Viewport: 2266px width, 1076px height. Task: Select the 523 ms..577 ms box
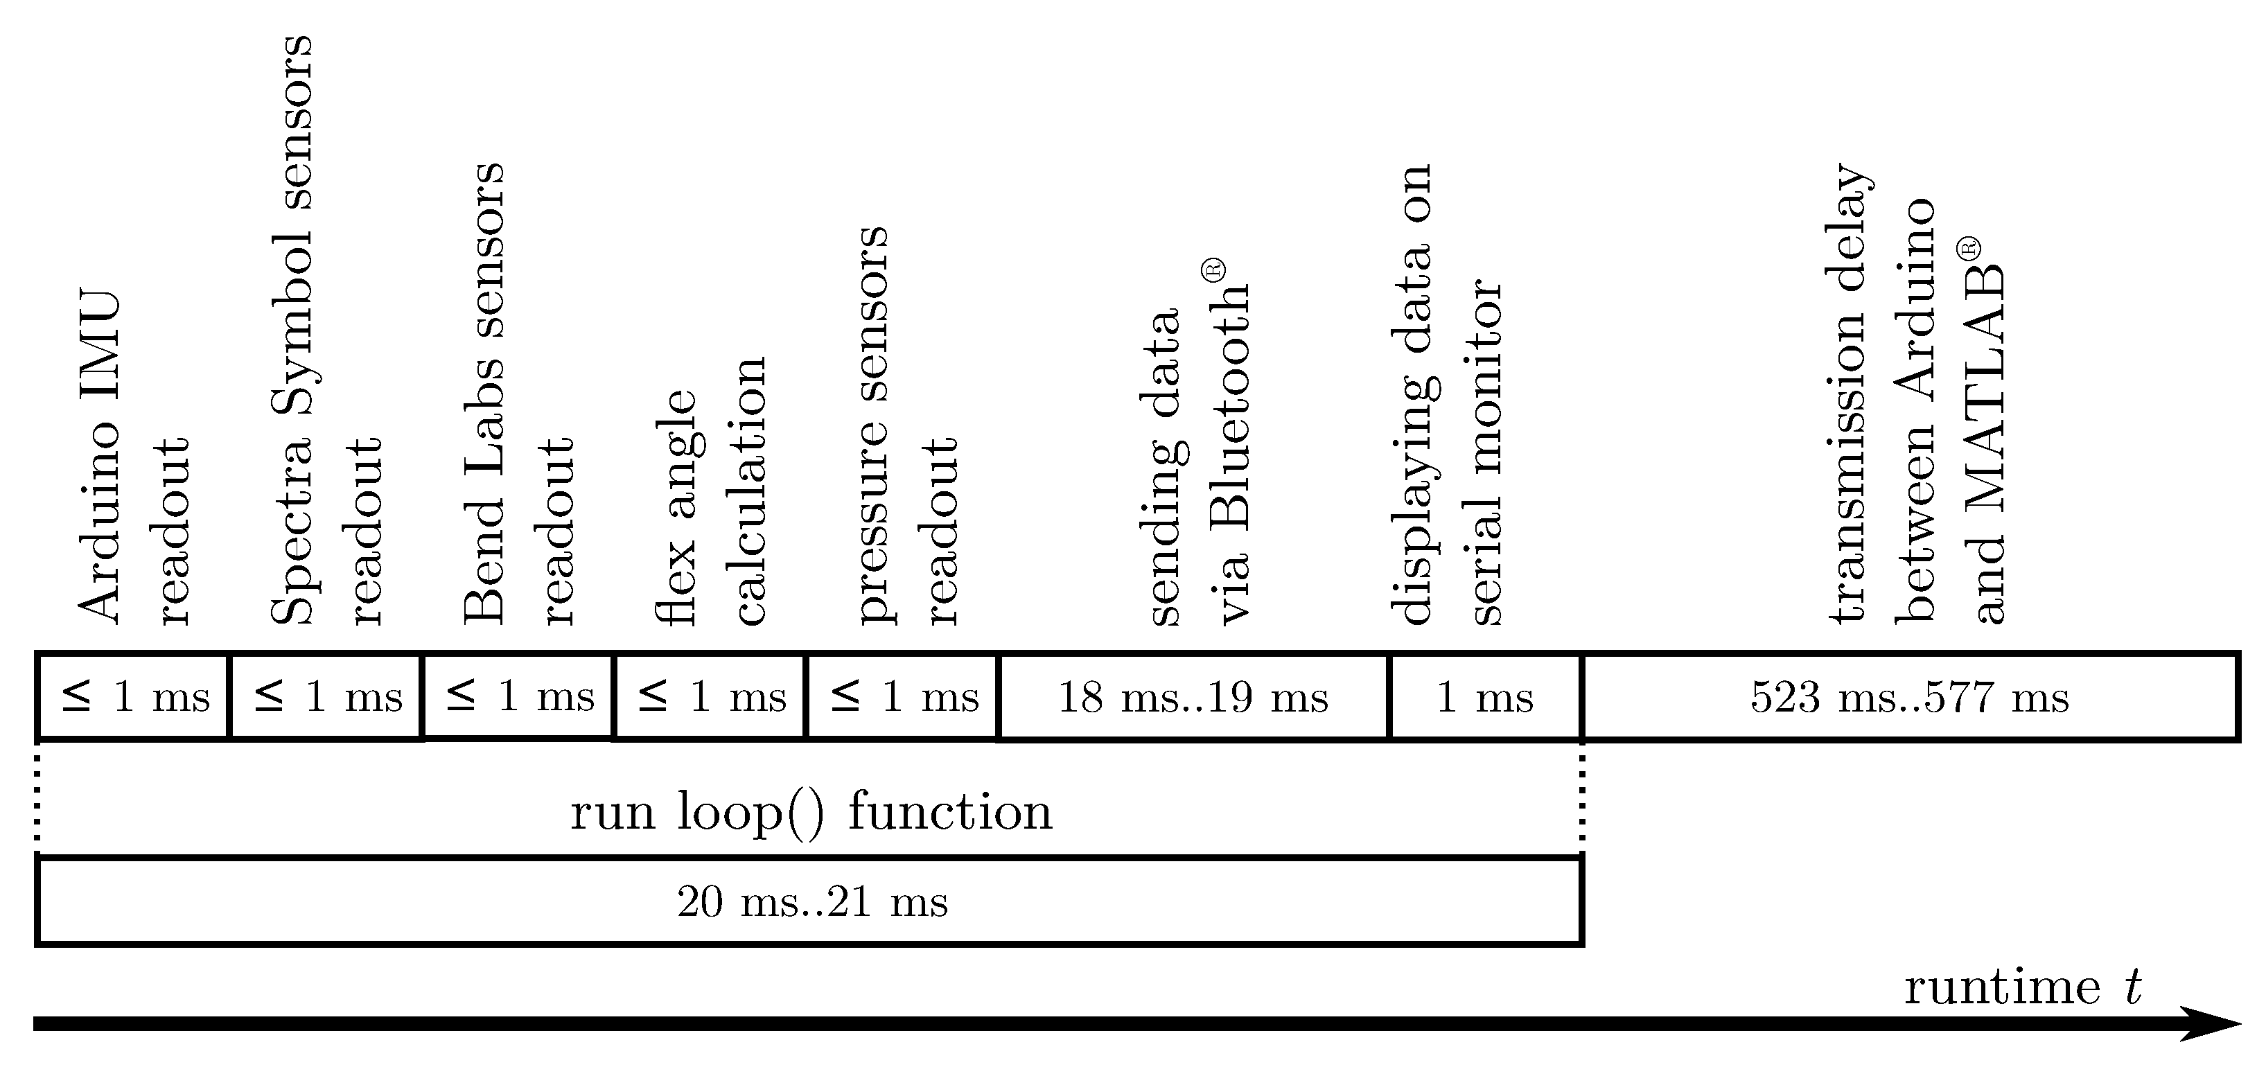click(1910, 697)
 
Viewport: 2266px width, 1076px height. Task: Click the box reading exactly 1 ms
click(1485, 697)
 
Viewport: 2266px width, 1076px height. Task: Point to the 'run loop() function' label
click(811, 811)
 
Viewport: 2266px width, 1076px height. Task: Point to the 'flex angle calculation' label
click(712, 493)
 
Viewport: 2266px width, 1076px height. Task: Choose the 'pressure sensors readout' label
click(906, 427)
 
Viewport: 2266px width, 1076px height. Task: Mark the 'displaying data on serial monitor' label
click(1446, 396)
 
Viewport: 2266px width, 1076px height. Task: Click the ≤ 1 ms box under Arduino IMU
click(134, 697)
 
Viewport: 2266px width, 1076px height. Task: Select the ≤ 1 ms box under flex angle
click(711, 697)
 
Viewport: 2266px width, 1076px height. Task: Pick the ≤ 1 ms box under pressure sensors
click(904, 697)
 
